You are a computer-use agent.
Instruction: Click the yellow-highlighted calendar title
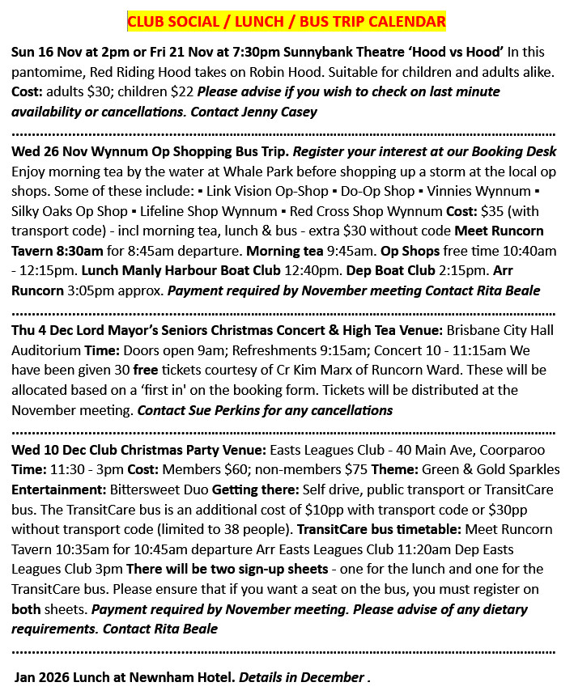pos(287,20)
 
